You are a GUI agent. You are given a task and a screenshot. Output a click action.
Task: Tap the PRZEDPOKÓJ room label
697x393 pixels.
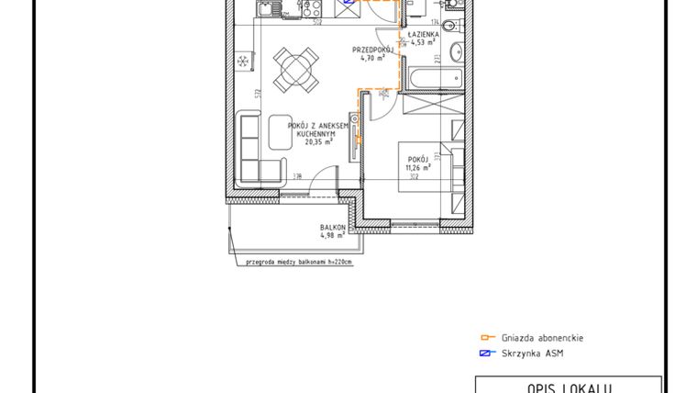373,50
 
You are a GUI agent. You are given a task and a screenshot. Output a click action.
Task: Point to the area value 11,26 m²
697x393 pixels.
420,168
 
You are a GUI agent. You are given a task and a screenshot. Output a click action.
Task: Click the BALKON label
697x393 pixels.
332,228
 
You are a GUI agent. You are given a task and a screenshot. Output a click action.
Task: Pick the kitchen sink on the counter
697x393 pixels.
266,11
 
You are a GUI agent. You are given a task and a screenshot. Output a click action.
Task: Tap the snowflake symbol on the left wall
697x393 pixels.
243,62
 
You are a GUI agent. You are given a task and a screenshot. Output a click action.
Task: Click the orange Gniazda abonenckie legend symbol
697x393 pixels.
488,337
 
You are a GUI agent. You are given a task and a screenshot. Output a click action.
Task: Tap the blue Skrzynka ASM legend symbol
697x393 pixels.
488,353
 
